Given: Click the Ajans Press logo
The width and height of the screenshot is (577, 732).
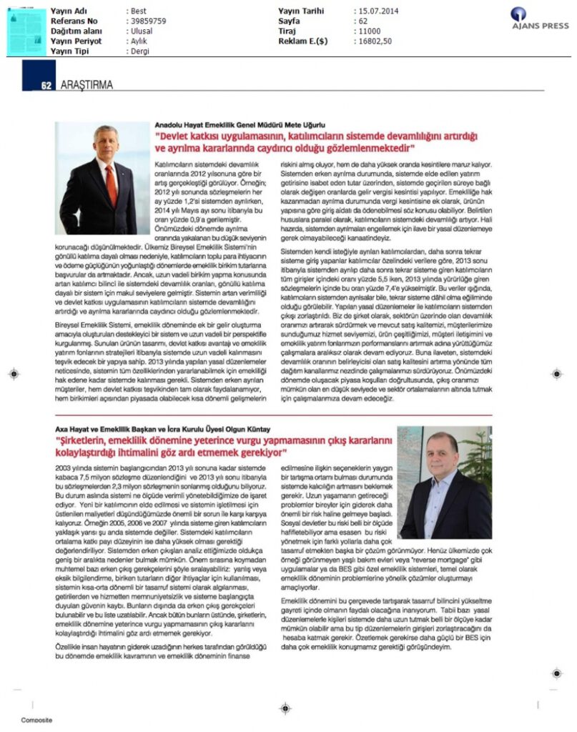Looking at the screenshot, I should tap(539, 18).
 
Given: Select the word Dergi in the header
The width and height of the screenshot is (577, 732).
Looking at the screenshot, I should tap(141, 51).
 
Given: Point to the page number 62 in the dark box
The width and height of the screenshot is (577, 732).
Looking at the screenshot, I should tap(45, 86).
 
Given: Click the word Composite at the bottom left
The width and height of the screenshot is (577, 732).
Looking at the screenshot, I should tap(36, 720).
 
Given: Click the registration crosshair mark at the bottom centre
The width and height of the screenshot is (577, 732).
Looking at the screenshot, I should tap(285, 708).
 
